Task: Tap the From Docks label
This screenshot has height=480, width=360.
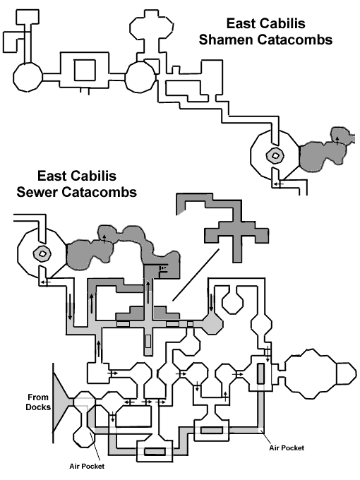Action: pos(38,402)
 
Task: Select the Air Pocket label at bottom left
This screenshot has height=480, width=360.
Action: pos(87,466)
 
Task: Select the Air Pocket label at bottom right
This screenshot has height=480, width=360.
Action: pos(287,448)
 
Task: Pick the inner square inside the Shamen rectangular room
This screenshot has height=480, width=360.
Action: pos(85,70)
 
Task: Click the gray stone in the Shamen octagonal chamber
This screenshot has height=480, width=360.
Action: pos(275,155)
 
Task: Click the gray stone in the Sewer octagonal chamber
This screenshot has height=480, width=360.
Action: pos(42,253)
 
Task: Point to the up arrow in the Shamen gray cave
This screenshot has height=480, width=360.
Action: pos(337,140)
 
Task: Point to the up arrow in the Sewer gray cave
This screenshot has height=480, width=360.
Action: pos(104,239)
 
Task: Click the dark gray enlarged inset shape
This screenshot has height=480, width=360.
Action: pos(236,229)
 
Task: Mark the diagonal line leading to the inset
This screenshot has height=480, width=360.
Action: pos(196,275)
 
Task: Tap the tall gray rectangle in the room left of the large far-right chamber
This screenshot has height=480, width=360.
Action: pos(260,373)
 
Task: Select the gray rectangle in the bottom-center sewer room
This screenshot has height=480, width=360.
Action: pos(155,451)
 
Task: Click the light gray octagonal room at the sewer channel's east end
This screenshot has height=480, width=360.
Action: pos(212,324)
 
